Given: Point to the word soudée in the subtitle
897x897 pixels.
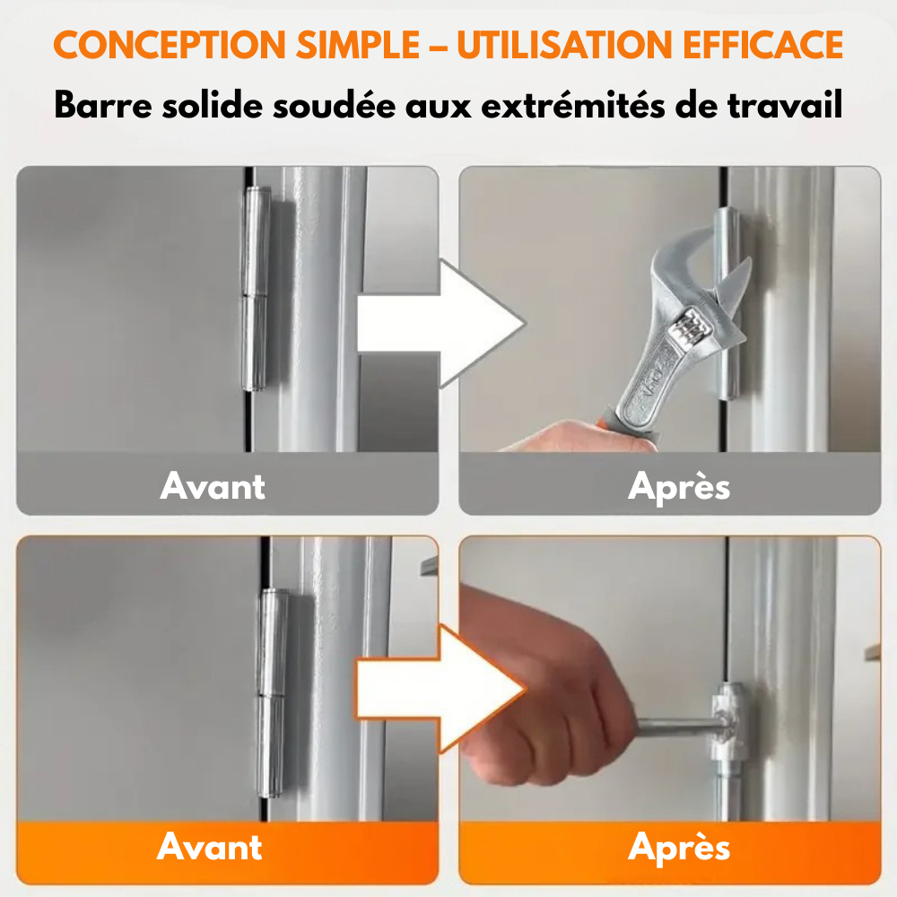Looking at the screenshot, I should (x=352, y=105).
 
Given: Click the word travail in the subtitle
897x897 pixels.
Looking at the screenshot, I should (x=788, y=105).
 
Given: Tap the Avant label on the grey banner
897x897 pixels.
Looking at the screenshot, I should (x=213, y=486).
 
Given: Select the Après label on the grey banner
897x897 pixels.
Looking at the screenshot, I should (x=679, y=486).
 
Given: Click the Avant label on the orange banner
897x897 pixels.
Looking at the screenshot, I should (x=210, y=848).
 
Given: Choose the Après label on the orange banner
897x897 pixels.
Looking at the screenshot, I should (x=679, y=848).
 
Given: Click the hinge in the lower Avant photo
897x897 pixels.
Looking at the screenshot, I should (x=272, y=691).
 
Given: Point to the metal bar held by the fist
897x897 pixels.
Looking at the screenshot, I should (x=677, y=723).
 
